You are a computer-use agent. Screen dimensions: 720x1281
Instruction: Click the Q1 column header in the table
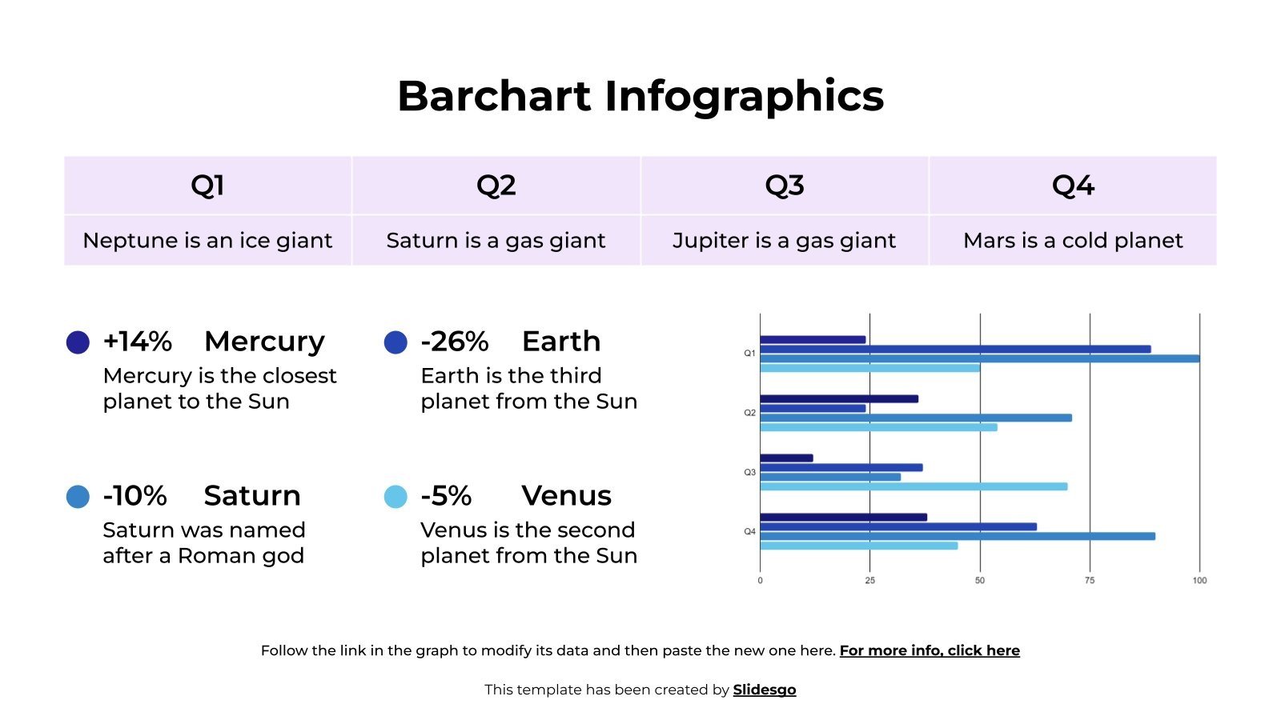207,186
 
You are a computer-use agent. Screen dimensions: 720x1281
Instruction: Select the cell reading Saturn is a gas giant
496,240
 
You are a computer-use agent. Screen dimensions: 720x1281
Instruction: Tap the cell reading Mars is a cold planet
1072,240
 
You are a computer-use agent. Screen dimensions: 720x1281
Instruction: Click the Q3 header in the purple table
784,186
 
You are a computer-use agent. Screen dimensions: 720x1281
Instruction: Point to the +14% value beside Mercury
137,342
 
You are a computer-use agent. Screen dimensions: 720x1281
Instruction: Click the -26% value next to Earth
454,342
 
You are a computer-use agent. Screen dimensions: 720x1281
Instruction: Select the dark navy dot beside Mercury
78,342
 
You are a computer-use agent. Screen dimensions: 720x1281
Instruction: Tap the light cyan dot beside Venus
396,497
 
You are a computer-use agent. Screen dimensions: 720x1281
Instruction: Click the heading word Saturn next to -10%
251,496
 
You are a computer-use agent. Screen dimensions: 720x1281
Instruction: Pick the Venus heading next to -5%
566,496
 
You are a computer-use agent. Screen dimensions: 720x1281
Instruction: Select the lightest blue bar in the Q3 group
913,486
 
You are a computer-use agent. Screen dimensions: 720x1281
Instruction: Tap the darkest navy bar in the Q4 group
843,518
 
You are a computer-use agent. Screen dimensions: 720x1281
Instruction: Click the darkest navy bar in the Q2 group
838,398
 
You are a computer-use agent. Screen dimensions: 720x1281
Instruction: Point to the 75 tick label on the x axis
1089,581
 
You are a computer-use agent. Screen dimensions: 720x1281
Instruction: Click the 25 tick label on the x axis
869,581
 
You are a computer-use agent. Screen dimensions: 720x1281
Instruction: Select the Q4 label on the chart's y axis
749,532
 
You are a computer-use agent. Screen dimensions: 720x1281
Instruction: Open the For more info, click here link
929,650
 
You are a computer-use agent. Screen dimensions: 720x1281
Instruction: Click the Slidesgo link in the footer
764,690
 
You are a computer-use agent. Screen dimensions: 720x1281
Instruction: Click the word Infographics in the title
744,97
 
